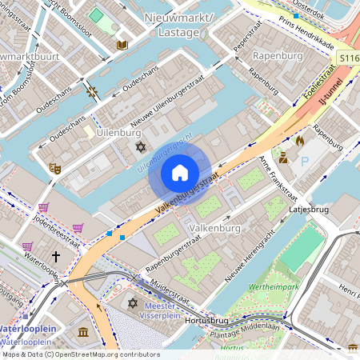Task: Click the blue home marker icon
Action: [x=180, y=173]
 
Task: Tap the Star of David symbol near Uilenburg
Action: [x=142, y=148]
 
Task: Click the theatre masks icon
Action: [x=55, y=168]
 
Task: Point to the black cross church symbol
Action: [x=56, y=257]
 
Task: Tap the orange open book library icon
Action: [x=122, y=45]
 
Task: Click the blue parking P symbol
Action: [x=305, y=162]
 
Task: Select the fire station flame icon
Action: [x=300, y=141]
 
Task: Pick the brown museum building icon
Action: [x=83, y=332]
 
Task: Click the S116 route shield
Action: [x=347, y=58]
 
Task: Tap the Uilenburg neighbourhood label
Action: [x=113, y=131]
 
